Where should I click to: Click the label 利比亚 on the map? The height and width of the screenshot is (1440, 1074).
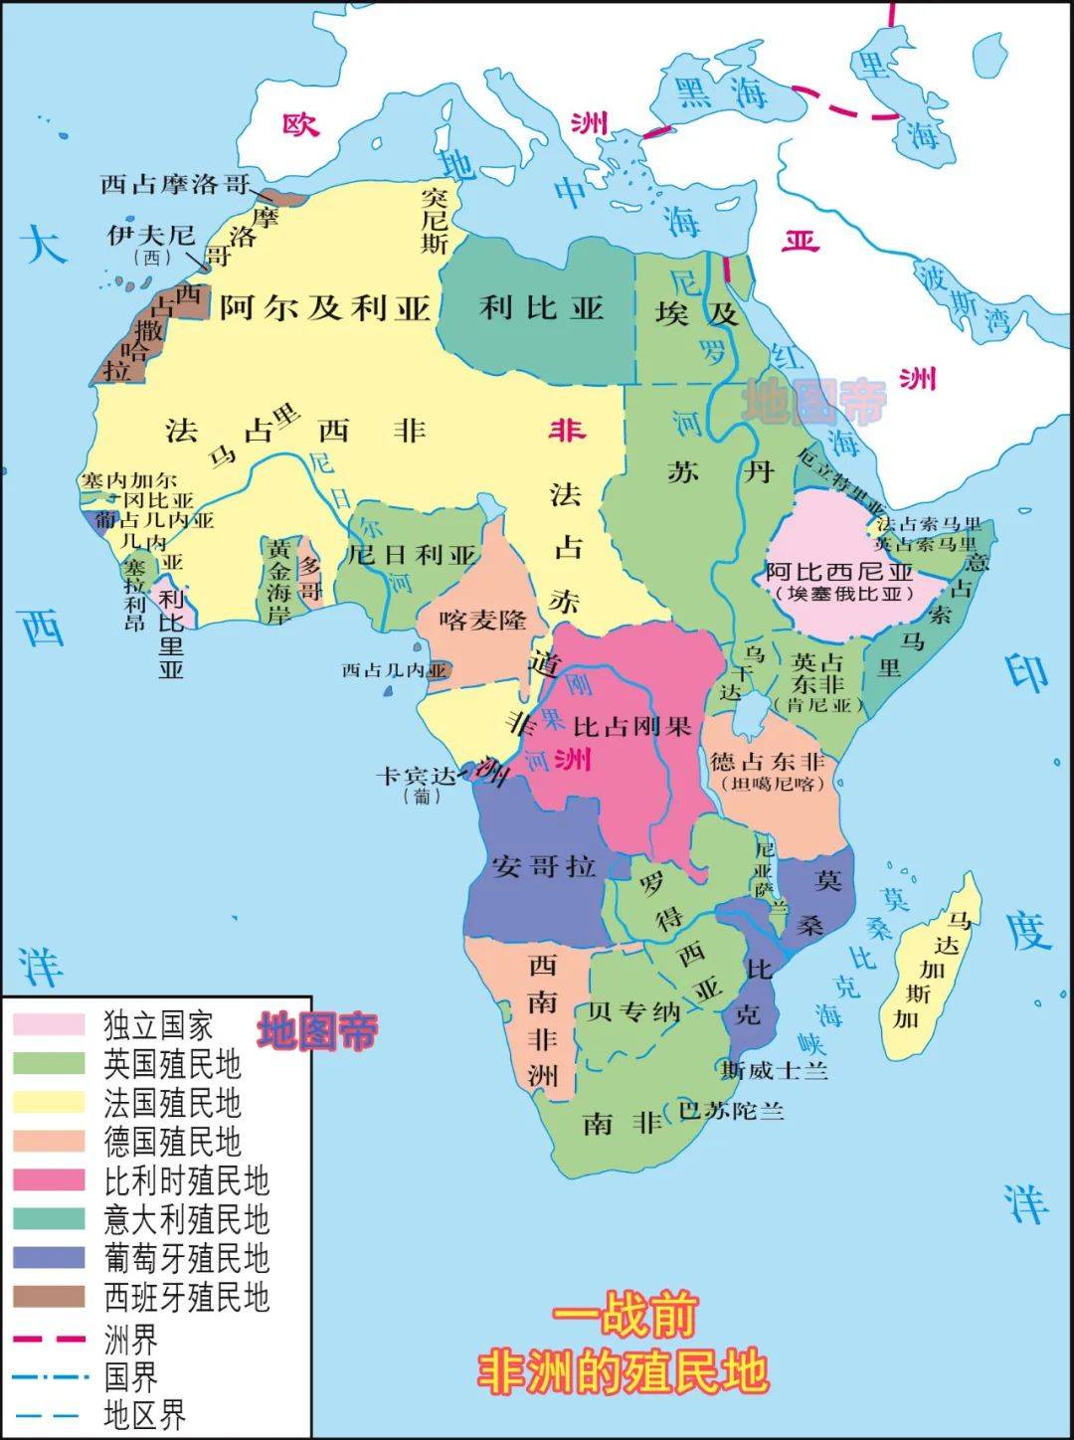[542, 307]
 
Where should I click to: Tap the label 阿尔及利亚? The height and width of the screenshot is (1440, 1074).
[324, 307]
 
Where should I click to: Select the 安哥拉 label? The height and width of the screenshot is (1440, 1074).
[543, 865]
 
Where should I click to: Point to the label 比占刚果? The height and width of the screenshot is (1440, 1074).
[631, 726]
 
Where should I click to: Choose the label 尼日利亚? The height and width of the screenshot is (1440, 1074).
[412, 555]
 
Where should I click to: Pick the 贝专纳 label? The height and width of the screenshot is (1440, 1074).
[633, 1012]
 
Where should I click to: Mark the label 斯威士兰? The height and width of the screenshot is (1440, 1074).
[775, 1070]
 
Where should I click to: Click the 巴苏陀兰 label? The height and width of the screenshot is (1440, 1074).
[731, 1110]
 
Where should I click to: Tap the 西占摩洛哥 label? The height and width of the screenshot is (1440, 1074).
[175, 184]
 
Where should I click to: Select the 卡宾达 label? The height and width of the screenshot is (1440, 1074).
[416, 776]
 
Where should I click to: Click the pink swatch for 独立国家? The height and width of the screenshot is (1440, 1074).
[49, 1024]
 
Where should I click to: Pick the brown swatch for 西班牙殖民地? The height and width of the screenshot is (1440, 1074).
[49, 1297]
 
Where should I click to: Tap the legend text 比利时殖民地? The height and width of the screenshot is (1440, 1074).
[186, 1180]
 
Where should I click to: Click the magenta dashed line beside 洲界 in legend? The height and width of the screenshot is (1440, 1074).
[49, 1340]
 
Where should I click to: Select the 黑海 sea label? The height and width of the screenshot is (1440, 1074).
[721, 92]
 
